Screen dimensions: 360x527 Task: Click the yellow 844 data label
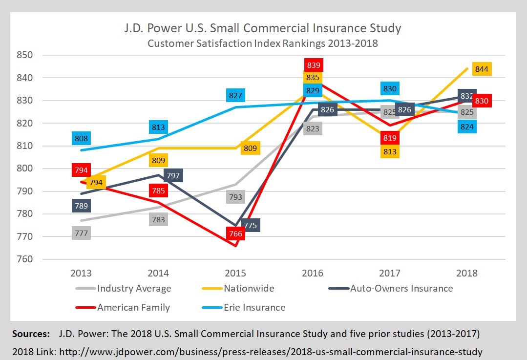click(482, 69)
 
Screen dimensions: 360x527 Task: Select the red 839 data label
click(313, 65)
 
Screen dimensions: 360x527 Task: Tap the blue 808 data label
click(81, 138)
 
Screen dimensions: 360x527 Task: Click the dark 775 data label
click(250, 225)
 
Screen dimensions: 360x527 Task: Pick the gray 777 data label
click(81, 233)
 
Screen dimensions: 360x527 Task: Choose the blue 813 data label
click(159, 127)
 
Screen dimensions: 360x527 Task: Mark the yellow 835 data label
click(313, 77)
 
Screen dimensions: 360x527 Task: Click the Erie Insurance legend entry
click(255, 307)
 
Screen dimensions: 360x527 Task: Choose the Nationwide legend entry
click(249, 288)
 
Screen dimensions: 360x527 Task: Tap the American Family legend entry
click(133, 307)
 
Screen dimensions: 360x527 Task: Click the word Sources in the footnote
click(31, 335)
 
